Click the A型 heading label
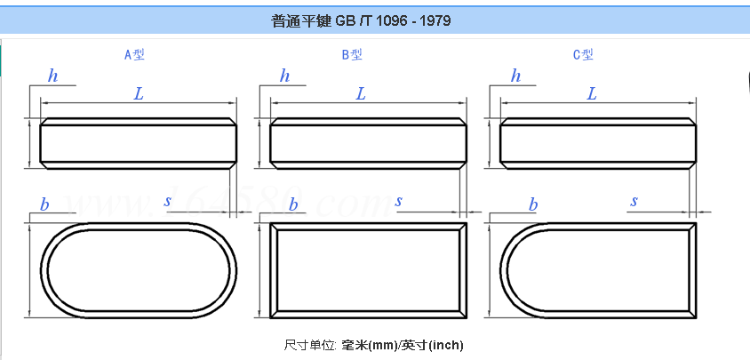(x=134, y=54)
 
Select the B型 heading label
(x=352, y=54)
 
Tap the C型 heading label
(x=583, y=54)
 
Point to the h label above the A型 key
(x=53, y=76)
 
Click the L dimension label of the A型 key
(x=139, y=93)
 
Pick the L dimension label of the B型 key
(x=361, y=93)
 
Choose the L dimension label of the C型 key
(x=592, y=93)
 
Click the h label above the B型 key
(x=284, y=76)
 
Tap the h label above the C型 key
(x=515, y=76)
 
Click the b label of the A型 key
(x=44, y=205)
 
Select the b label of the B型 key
(x=293, y=205)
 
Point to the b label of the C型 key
(x=533, y=205)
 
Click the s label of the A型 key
(x=167, y=201)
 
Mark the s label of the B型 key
(x=399, y=201)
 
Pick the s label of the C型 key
(x=634, y=201)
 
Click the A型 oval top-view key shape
(x=140, y=270)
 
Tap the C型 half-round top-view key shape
(x=597, y=270)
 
